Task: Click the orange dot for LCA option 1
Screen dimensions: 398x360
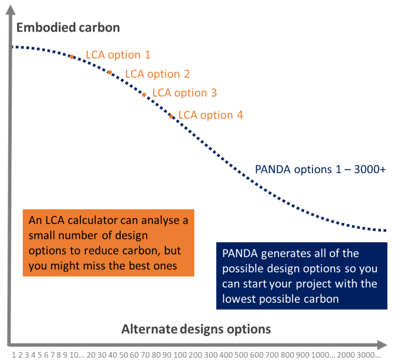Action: [72, 57]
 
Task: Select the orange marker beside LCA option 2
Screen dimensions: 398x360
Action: [110, 73]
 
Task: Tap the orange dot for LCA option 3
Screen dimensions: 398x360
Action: [144, 95]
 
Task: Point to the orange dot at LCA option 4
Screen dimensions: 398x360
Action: [171, 116]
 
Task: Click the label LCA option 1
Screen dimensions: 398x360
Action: [118, 55]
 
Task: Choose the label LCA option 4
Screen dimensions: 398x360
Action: [211, 115]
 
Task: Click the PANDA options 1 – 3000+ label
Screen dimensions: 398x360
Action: [320, 170]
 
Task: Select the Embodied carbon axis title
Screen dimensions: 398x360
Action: [68, 27]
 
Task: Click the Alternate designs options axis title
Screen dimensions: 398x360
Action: [196, 329]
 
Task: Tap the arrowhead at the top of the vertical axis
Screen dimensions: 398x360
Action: [11, 9]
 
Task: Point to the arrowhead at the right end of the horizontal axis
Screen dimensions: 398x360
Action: [382, 345]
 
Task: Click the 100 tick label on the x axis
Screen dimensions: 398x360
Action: [180, 355]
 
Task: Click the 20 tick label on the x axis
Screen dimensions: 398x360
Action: [91, 355]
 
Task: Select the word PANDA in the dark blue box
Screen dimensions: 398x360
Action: [240, 254]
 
